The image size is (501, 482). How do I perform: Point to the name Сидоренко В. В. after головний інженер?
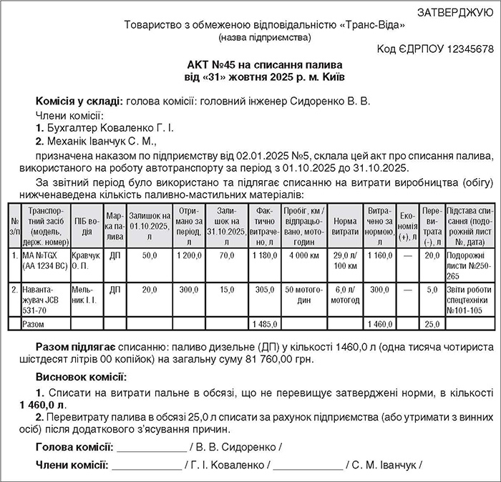[x=331, y=102]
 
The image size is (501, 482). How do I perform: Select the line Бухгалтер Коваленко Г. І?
[x=108, y=129]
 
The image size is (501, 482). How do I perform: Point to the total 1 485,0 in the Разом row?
[x=265, y=324]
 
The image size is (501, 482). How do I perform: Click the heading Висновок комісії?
[x=80, y=376]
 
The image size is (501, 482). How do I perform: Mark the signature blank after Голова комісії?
[x=151, y=448]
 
